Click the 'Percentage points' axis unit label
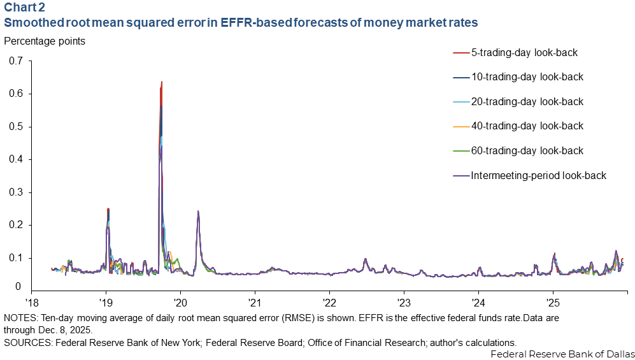pos(45,41)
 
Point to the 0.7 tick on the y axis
pos(15,61)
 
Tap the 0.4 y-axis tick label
pos(15,159)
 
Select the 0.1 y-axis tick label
pos(15,258)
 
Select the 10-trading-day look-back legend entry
pos(526,77)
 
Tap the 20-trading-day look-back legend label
pos(526,101)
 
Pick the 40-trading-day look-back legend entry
pos(526,126)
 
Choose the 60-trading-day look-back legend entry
pos(526,150)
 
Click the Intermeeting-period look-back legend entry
pos(538,175)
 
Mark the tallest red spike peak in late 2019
pos(162,82)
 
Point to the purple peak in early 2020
pos(198,212)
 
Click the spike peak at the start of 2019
pos(108,209)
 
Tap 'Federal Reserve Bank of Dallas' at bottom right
pos(562,354)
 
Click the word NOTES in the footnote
pos(19,317)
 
